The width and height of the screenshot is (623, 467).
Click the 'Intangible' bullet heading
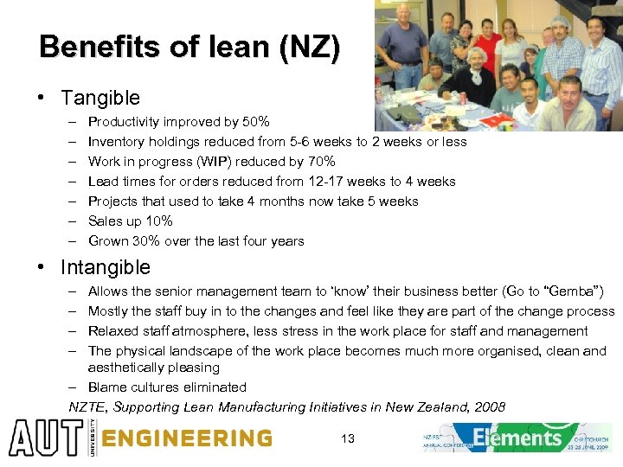click(105, 268)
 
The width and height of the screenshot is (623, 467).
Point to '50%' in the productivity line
click(254, 122)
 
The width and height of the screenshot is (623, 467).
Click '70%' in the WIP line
click(320, 162)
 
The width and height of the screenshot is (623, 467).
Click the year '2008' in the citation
click(488, 407)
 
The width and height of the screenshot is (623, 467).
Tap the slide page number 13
click(348, 439)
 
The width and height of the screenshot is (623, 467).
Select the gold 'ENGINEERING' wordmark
click(187, 438)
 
